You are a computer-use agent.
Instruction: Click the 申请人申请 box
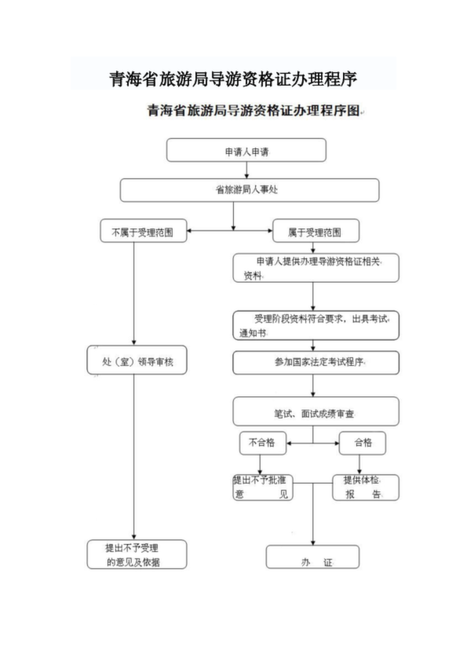pyautogui.click(x=246, y=150)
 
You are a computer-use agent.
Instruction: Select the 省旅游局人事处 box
pyautogui.click(x=250, y=190)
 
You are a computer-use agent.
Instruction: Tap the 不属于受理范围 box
pyautogui.click(x=144, y=231)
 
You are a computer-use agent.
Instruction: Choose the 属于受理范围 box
pyautogui.click(x=316, y=231)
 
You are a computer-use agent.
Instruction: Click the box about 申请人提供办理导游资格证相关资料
pyautogui.click(x=316, y=268)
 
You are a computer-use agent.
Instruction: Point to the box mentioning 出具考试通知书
pyautogui.click(x=316, y=326)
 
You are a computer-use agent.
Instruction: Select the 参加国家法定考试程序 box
pyautogui.click(x=316, y=363)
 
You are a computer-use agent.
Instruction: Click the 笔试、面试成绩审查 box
pyautogui.click(x=316, y=411)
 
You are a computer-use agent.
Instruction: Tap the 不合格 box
pyautogui.click(x=263, y=443)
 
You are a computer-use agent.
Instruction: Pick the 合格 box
pyautogui.click(x=363, y=443)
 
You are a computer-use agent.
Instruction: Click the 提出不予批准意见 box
pyautogui.click(x=263, y=488)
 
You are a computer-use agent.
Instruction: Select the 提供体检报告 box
pyautogui.click(x=366, y=488)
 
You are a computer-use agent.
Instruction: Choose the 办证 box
pyautogui.click(x=312, y=557)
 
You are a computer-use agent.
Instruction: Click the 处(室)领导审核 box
pyautogui.click(x=137, y=360)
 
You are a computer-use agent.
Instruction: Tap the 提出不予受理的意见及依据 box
pyautogui.click(x=137, y=554)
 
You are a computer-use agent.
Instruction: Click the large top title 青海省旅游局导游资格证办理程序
pyautogui.click(x=233, y=79)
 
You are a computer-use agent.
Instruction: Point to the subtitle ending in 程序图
pyautogui.click(x=254, y=111)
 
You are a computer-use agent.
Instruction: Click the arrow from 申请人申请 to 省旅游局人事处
pyautogui.click(x=246, y=170)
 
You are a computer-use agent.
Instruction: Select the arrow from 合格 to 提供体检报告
pyautogui.click(x=359, y=465)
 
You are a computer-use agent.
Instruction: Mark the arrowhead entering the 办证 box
pyautogui.click(x=312, y=542)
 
